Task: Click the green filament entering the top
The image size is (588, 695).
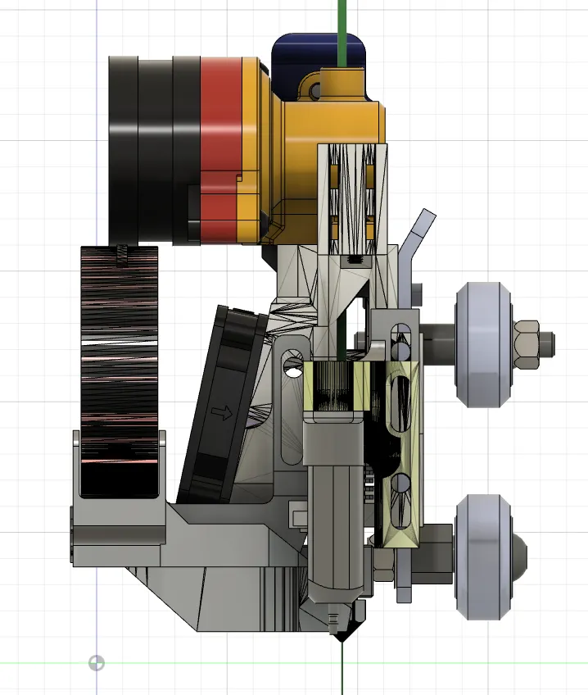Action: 341,25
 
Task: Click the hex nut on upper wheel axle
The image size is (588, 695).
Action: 527,338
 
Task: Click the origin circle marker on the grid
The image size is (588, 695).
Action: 97,662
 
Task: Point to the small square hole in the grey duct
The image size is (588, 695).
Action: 295,516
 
